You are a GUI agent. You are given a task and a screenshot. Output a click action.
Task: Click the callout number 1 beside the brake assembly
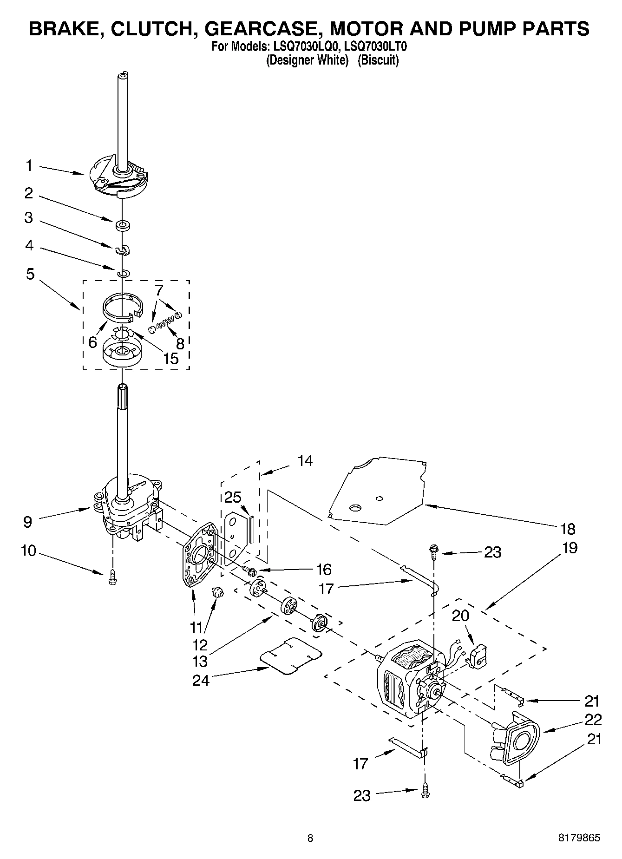coord(29,166)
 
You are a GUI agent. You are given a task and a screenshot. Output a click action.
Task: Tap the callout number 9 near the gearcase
coord(28,522)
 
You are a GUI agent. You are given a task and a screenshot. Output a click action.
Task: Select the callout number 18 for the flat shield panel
coord(568,529)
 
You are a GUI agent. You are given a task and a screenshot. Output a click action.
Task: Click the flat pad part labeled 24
coord(291,656)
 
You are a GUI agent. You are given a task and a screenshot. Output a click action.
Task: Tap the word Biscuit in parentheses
coord(378,60)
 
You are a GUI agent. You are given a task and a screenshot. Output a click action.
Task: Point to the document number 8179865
coord(579,838)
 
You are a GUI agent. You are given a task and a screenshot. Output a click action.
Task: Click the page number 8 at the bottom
coord(310,838)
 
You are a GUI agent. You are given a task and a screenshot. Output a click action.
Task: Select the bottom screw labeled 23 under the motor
coord(424,795)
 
